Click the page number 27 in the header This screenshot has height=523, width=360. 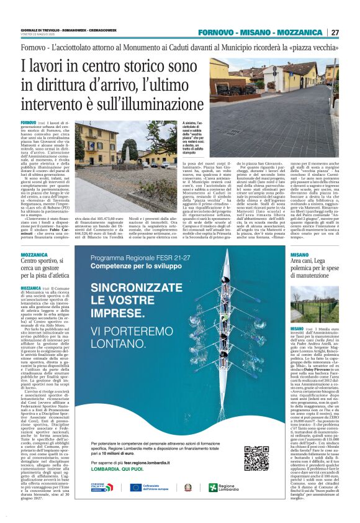click(x=335, y=32)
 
